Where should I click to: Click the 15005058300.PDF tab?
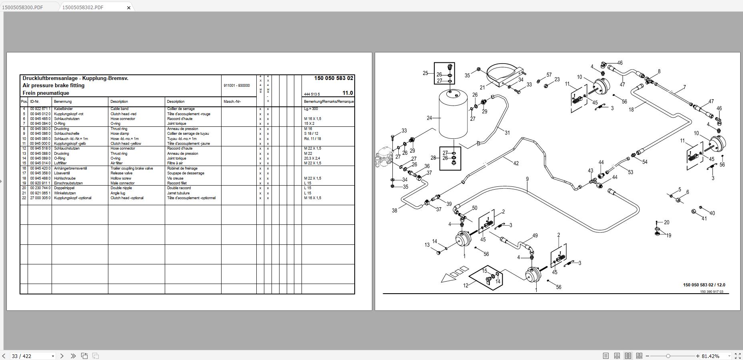click(x=23, y=7)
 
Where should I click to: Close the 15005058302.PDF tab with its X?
click(x=129, y=8)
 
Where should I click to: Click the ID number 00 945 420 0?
click(x=40, y=168)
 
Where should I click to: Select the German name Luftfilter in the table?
click(x=60, y=163)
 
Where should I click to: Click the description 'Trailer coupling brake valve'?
click(x=132, y=168)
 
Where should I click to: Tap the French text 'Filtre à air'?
click(x=175, y=163)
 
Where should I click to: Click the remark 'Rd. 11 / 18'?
click(x=312, y=139)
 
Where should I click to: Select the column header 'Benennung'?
click(x=63, y=102)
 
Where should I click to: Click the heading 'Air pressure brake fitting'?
click(x=53, y=85)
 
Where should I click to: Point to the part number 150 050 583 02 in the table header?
click(x=334, y=78)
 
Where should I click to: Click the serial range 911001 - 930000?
click(x=237, y=86)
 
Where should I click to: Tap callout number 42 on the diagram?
click(x=515, y=163)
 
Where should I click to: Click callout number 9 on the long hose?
click(x=527, y=179)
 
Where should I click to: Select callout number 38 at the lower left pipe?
click(x=394, y=211)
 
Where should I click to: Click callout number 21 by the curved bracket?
click(x=482, y=87)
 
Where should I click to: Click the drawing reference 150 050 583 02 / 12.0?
click(x=704, y=285)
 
